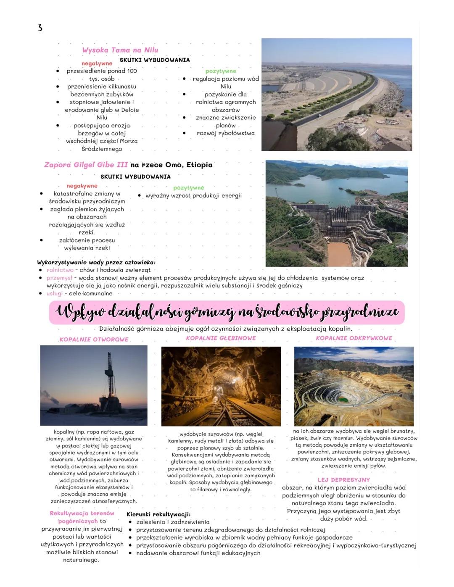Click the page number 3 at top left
coord(40,28)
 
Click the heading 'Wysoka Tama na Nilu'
coord(120,50)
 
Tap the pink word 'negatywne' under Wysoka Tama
coord(97,63)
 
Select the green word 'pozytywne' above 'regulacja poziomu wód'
coord(221,71)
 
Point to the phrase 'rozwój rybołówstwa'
coord(226,133)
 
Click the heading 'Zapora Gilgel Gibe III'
coord(86,165)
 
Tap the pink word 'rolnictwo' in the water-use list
coord(60,270)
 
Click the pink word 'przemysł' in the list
coord(59,278)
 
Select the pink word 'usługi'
coord(55,293)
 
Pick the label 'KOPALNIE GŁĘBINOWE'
coord(221,338)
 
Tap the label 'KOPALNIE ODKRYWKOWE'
coord(354,338)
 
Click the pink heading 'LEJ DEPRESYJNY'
coord(344,480)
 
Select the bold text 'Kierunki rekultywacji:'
coord(158,514)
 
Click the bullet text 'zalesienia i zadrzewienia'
coord(173,522)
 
